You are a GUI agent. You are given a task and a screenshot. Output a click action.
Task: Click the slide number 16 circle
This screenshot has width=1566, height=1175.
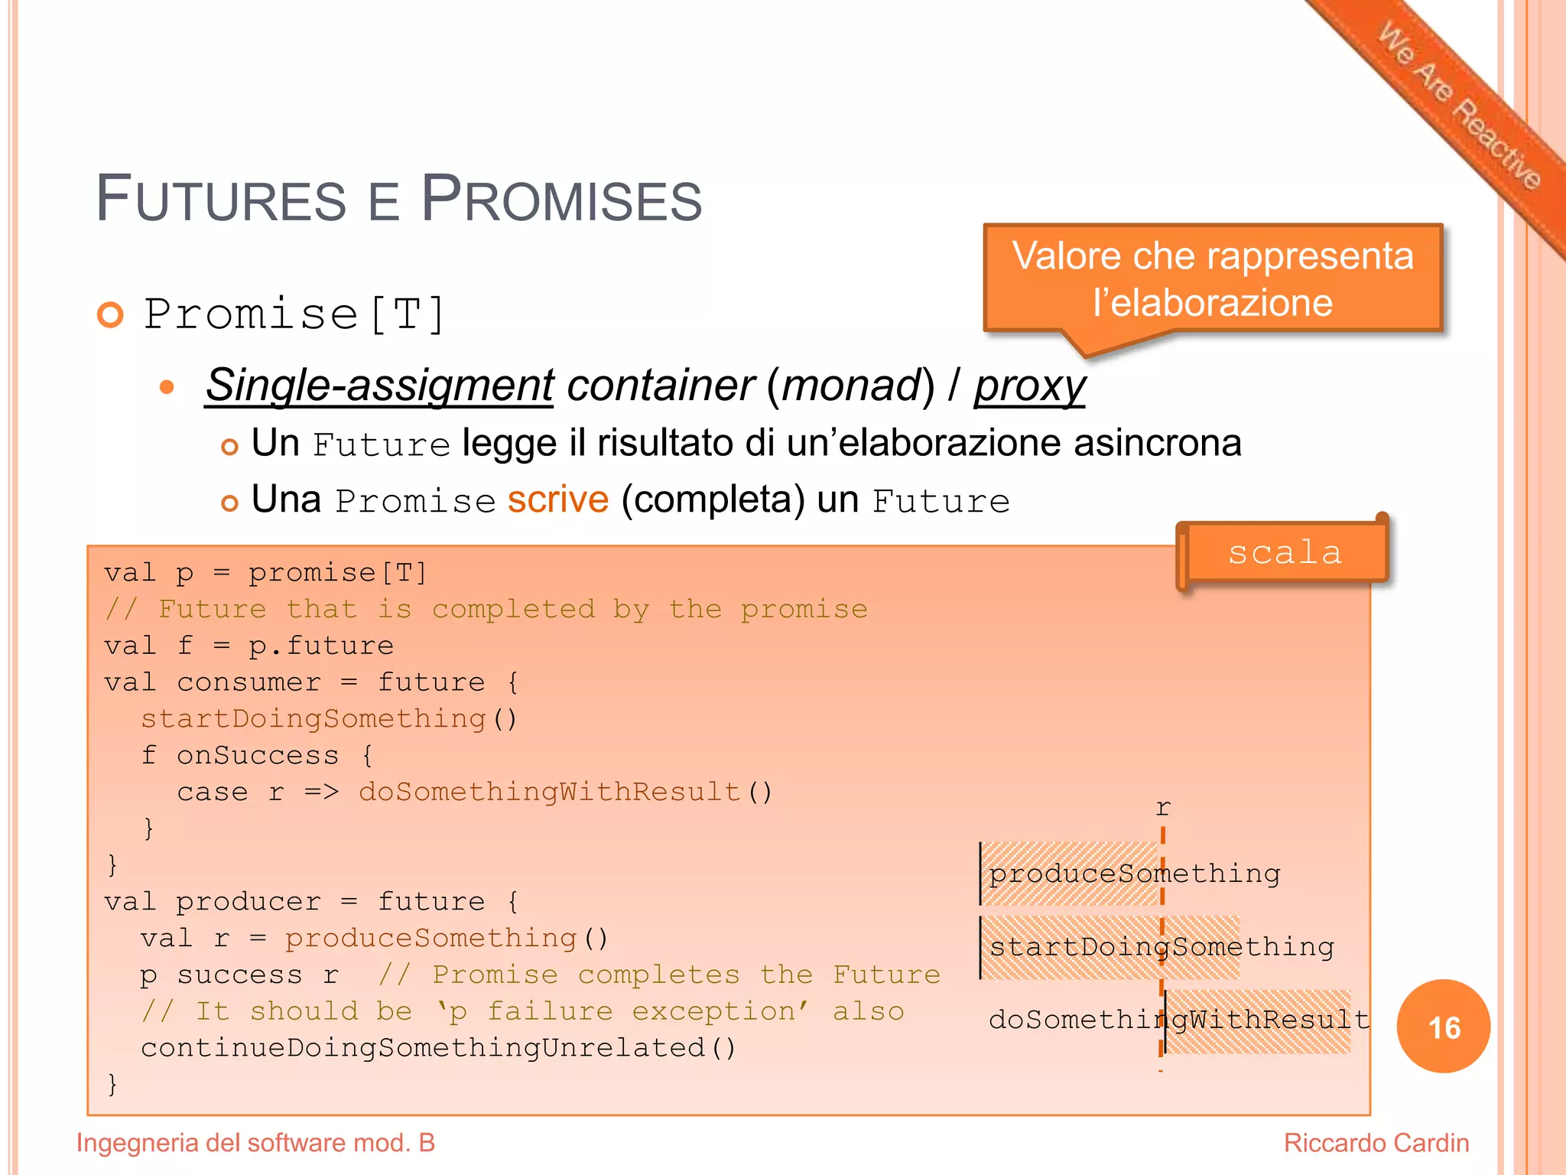coord(1443,1027)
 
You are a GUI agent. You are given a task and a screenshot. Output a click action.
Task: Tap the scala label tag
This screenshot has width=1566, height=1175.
coord(1285,552)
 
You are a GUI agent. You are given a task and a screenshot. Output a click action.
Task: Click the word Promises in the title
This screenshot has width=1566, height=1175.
coord(561,199)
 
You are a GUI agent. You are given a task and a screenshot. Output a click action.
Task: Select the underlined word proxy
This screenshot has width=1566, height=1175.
coord(1029,385)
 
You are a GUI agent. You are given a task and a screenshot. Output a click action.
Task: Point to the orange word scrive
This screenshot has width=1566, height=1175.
coord(558,500)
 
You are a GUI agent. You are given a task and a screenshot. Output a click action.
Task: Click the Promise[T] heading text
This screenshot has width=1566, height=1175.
coord(294,314)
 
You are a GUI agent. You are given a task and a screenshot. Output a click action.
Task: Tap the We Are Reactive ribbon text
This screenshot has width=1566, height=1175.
coord(1459,106)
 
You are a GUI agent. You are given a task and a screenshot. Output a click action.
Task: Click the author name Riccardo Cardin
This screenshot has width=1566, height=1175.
coord(1376,1143)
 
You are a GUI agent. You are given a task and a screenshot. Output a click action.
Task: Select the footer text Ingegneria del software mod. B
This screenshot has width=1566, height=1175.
coord(255,1143)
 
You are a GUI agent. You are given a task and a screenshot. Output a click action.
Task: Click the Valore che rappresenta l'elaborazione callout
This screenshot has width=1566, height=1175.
coord(1213,278)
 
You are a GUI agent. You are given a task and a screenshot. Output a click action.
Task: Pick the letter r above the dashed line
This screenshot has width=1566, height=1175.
coord(1163,808)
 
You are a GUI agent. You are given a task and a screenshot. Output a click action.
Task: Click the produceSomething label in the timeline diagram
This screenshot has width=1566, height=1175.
coord(1134,874)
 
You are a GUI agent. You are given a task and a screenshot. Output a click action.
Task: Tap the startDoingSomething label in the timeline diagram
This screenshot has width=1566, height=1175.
coord(1162,947)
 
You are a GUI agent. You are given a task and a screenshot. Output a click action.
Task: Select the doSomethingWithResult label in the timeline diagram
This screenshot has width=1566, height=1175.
coord(1178,1020)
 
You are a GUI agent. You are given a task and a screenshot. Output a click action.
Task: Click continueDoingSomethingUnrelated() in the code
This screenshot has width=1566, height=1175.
coord(438,1048)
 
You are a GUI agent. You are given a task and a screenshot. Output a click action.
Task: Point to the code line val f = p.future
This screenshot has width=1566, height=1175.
coord(249,646)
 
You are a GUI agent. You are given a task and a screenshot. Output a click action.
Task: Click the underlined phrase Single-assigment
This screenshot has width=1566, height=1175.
coord(379,385)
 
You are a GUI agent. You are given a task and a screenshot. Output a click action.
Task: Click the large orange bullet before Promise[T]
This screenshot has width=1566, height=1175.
coord(111,314)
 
